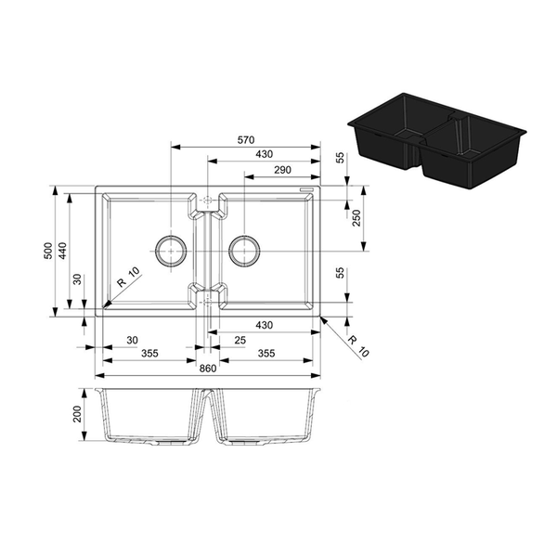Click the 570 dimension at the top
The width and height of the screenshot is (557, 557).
click(x=245, y=139)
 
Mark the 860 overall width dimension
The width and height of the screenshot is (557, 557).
click(x=207, y=369)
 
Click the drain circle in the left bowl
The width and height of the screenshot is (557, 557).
click(x=170, y=251)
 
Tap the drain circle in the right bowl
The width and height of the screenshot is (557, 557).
click(x=243, y=251)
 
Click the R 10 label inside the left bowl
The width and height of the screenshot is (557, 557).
click(x=128, y=276)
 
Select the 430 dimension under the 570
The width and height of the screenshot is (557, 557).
click(x=265, y=154)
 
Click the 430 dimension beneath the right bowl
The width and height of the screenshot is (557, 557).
click(x=265, y=325)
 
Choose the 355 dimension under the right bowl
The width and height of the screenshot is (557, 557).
click(x=266, y=354)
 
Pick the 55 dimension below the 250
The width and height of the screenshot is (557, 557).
click(x=341, y=272)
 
